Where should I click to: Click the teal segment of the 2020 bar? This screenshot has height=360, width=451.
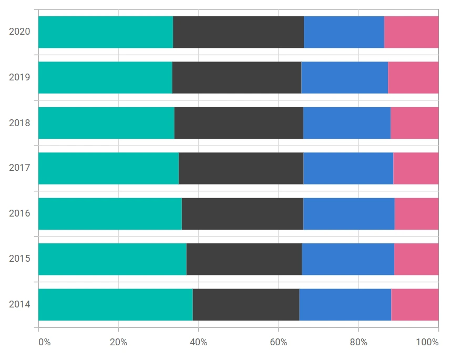(106, 32)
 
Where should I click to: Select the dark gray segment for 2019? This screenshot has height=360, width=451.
(237, 78)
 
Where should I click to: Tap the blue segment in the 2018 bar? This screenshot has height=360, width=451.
(347, 123)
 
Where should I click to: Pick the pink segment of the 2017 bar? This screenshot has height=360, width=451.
(416, 169)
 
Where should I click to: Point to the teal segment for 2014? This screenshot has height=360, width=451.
(116, 305)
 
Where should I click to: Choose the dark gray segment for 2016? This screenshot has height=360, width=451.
(242, 214)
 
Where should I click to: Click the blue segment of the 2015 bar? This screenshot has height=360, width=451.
(348, 260)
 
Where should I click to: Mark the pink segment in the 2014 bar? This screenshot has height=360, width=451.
(415, 305)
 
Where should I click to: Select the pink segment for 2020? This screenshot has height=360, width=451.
(411, 32)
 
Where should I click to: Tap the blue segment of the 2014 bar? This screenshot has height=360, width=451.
(345, 305)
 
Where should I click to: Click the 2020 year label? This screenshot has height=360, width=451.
(19, 32)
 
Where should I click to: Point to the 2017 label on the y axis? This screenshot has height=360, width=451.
(19, 167)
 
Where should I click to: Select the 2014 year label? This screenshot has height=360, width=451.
(19, 304)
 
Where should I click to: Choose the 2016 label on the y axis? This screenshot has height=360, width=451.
(19, 213)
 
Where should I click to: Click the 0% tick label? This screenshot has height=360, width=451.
(45, 342)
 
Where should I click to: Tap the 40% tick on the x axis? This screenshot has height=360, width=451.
(199, 342)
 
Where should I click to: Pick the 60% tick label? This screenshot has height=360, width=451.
(279, 342)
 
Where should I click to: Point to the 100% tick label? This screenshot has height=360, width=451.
(427, 342)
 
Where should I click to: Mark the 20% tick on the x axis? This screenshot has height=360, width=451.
(118, 342)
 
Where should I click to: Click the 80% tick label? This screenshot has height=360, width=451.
(358, 342)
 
